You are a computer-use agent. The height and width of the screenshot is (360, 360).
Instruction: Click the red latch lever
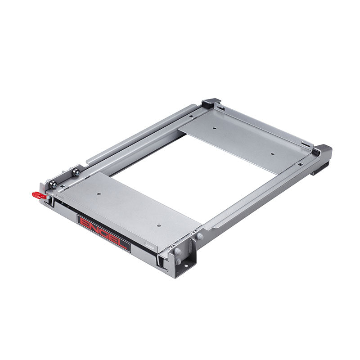(40, 195)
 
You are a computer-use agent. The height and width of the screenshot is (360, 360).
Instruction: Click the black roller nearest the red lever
(53, 184)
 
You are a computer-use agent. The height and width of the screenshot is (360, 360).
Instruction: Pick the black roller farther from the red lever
(76, 172)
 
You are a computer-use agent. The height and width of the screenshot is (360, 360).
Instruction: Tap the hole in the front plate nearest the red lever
(99, 194)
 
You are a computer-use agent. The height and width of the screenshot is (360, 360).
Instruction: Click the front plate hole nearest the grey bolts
(159, 226)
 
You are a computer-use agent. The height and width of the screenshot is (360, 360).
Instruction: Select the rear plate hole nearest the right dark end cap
(273, 154)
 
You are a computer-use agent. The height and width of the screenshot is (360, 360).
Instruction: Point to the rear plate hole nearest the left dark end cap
(215, 128)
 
